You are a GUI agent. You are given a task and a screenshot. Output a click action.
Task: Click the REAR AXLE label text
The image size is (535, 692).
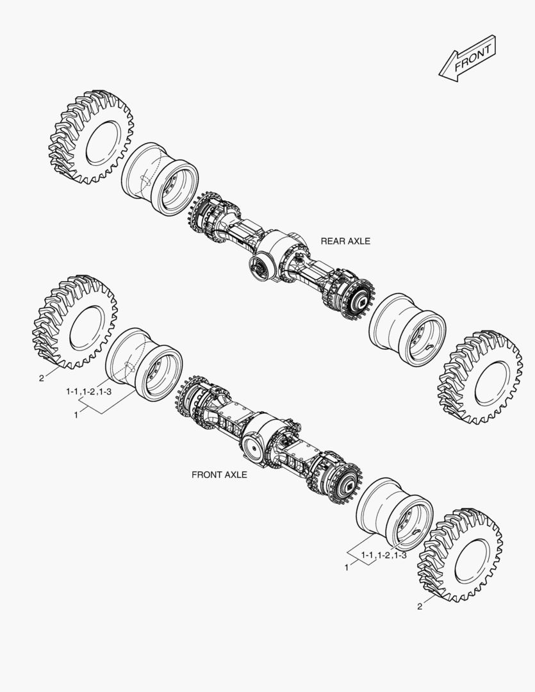345,242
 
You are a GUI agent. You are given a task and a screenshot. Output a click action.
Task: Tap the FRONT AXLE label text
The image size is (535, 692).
219,475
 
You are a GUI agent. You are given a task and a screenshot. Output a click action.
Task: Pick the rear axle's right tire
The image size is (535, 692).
480,379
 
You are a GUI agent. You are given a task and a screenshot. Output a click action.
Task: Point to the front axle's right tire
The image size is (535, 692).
459,556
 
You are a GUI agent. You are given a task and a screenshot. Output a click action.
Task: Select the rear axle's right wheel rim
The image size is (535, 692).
407,329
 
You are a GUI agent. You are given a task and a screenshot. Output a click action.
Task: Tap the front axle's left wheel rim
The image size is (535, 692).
144,363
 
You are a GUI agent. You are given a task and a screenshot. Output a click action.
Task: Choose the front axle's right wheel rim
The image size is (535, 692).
394,513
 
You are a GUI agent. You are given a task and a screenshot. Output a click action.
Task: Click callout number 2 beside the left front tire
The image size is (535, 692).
42,378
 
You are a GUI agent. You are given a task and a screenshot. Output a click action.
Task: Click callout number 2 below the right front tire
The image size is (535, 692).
420,606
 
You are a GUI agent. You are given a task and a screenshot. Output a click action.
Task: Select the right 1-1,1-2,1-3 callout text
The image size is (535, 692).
384,556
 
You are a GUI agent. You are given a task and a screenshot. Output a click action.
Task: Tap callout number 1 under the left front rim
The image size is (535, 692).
76,415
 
